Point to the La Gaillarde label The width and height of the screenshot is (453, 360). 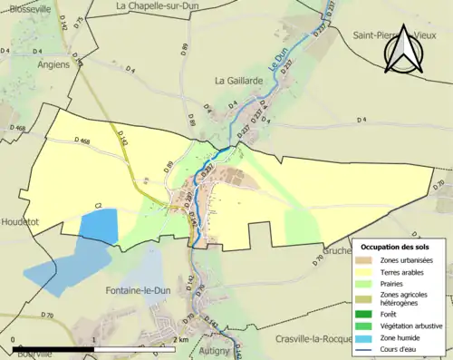point(237,81)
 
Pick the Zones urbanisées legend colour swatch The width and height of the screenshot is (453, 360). point(368,261)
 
